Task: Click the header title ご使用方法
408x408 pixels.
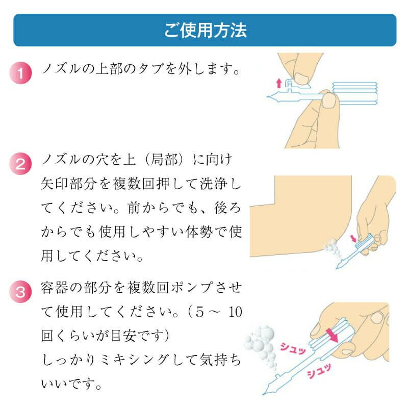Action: (x=205, y=30)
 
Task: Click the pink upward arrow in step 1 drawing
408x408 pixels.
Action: (x=278, y=82)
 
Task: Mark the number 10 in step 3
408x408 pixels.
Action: (x=234, y=312)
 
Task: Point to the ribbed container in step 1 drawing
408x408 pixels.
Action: (x=354, y=92)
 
